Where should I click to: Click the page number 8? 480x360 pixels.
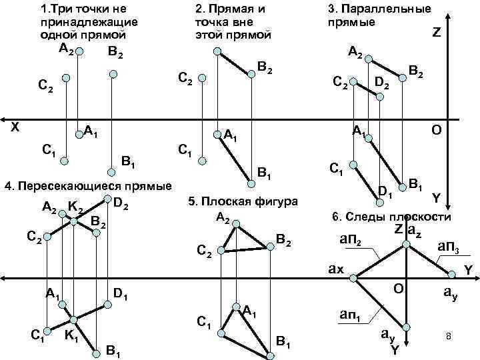pyautogui.click(x=449, y=338)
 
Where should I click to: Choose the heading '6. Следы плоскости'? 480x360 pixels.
pyautogui.click(x=391, y=218)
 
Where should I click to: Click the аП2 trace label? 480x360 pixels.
pyautogui.click(x=351, y=240)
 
